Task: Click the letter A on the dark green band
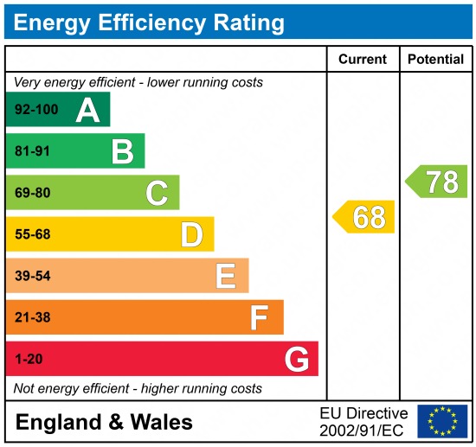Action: [87, 110]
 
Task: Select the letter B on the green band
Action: [122, 151]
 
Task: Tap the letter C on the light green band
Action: [157, 193]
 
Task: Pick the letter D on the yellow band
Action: [191, 234]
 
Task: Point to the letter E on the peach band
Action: [226, 276]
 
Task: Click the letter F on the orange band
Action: [260, 317]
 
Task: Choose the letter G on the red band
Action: [296, 359]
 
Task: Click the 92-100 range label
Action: [35, 110]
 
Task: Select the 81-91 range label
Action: [32, 151]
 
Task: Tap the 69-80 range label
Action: [32, 193]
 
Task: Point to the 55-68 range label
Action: [32, 234]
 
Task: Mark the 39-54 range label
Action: [32, 276]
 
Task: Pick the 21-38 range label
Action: [32, 317]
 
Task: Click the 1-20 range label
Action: [28, 359]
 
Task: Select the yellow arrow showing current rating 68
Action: [364, 217]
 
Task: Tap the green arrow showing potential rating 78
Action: [437, 182]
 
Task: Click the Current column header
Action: [363, 60]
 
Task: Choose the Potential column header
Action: [435, 60]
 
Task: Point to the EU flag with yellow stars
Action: [442, 421]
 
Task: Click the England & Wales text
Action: [104, 422]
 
